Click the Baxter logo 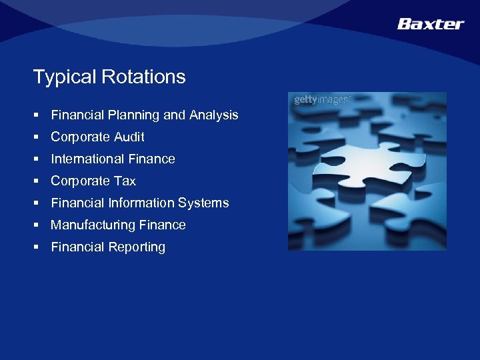coord(430,24)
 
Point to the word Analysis coord(213,115)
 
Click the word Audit coord(129,137)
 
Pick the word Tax coord(124,181)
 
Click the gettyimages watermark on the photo coord(321,100)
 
